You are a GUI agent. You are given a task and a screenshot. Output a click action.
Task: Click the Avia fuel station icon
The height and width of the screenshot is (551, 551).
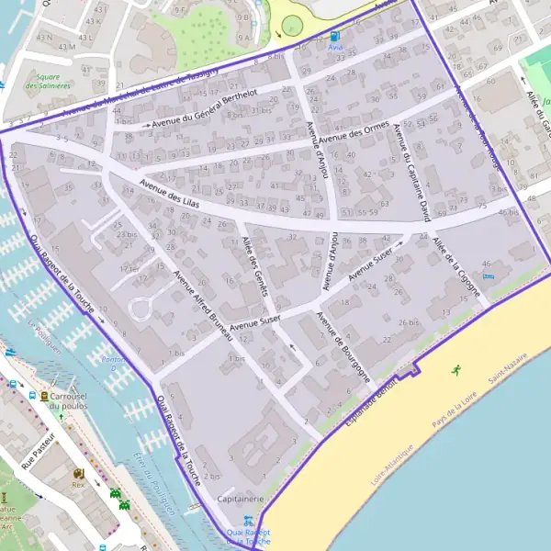pyautogui.click(x=333, y=37)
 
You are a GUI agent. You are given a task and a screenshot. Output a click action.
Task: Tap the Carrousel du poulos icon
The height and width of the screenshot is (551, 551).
pyautogui.click(x=44, y=396)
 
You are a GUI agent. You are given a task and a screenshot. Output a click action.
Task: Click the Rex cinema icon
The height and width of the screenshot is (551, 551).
pyautogui.click(x=78, y=473)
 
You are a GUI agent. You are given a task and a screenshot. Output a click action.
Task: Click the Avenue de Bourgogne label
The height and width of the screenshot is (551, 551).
pyautogui.click(x=343, y=346)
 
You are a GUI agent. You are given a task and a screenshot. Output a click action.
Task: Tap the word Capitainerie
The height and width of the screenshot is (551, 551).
pyautogui.click(x=241, y=499)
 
